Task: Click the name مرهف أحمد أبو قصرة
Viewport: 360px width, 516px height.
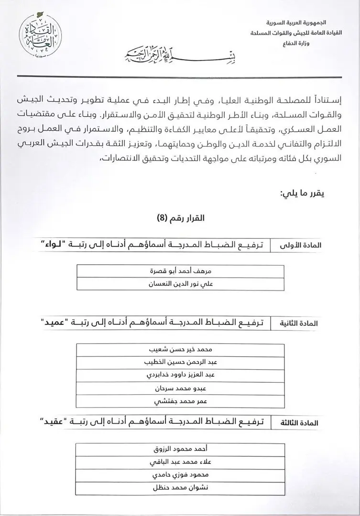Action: click(x=180, y=271)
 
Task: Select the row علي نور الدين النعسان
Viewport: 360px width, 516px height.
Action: click(x=180, y=284)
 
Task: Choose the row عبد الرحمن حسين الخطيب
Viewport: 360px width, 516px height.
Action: click(x=180, y=363)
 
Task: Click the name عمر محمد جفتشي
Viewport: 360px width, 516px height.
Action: click(x=180, y=402)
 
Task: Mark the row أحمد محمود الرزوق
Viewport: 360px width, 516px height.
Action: click(x=180, y=450)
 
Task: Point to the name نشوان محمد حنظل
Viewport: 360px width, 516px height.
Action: click(x=180, y=488)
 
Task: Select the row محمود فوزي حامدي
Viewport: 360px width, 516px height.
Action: click(x=180, y=475)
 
